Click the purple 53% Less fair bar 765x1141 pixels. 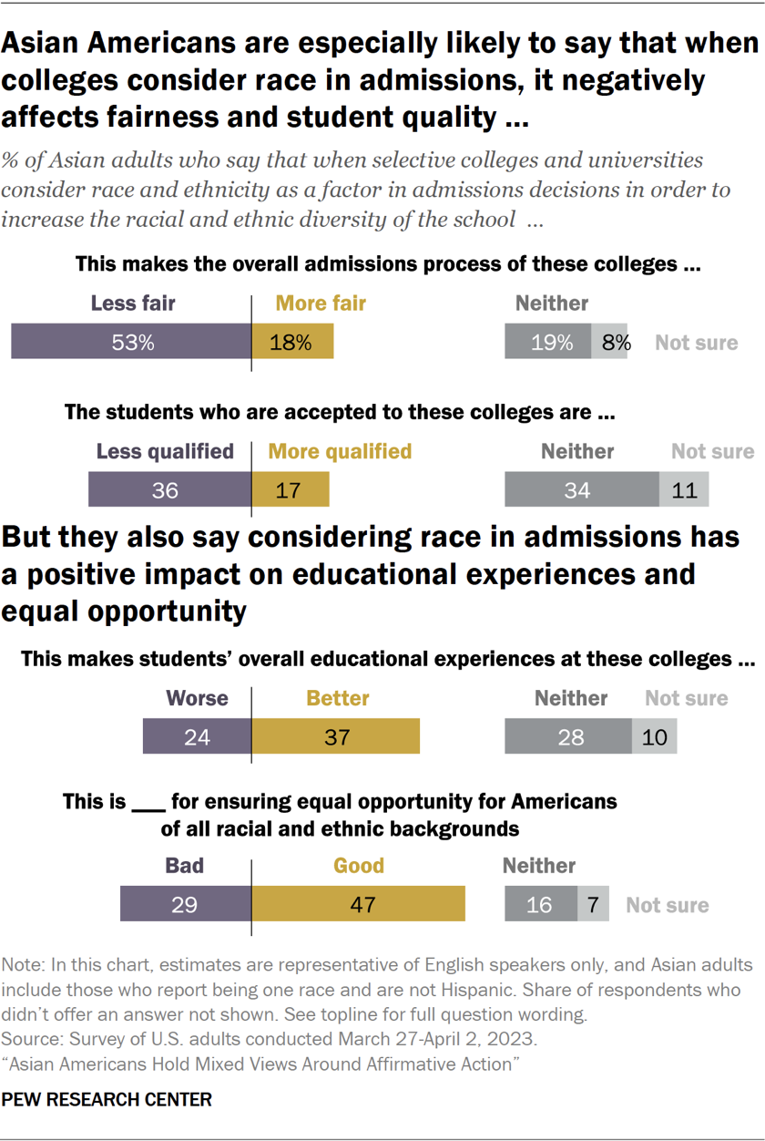tap(130, 342)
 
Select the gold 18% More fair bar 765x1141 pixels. tap(292, 342)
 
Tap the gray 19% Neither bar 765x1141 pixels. tap(548, 342)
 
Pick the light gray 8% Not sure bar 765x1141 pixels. tap(609, 342)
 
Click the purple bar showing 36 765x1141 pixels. tap(169, 489)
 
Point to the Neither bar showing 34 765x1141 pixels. tap(582, 489)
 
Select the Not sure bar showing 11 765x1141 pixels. tap(684, 489)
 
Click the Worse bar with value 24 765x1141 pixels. tap(197, 736)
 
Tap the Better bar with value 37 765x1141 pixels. tap(336, 736)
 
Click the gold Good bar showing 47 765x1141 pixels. tap(358, 904)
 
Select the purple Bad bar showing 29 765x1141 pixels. tap(186, 904)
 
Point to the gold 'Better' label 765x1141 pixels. tap(337, 698)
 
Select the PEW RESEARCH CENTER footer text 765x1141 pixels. tap(107, 1099)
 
